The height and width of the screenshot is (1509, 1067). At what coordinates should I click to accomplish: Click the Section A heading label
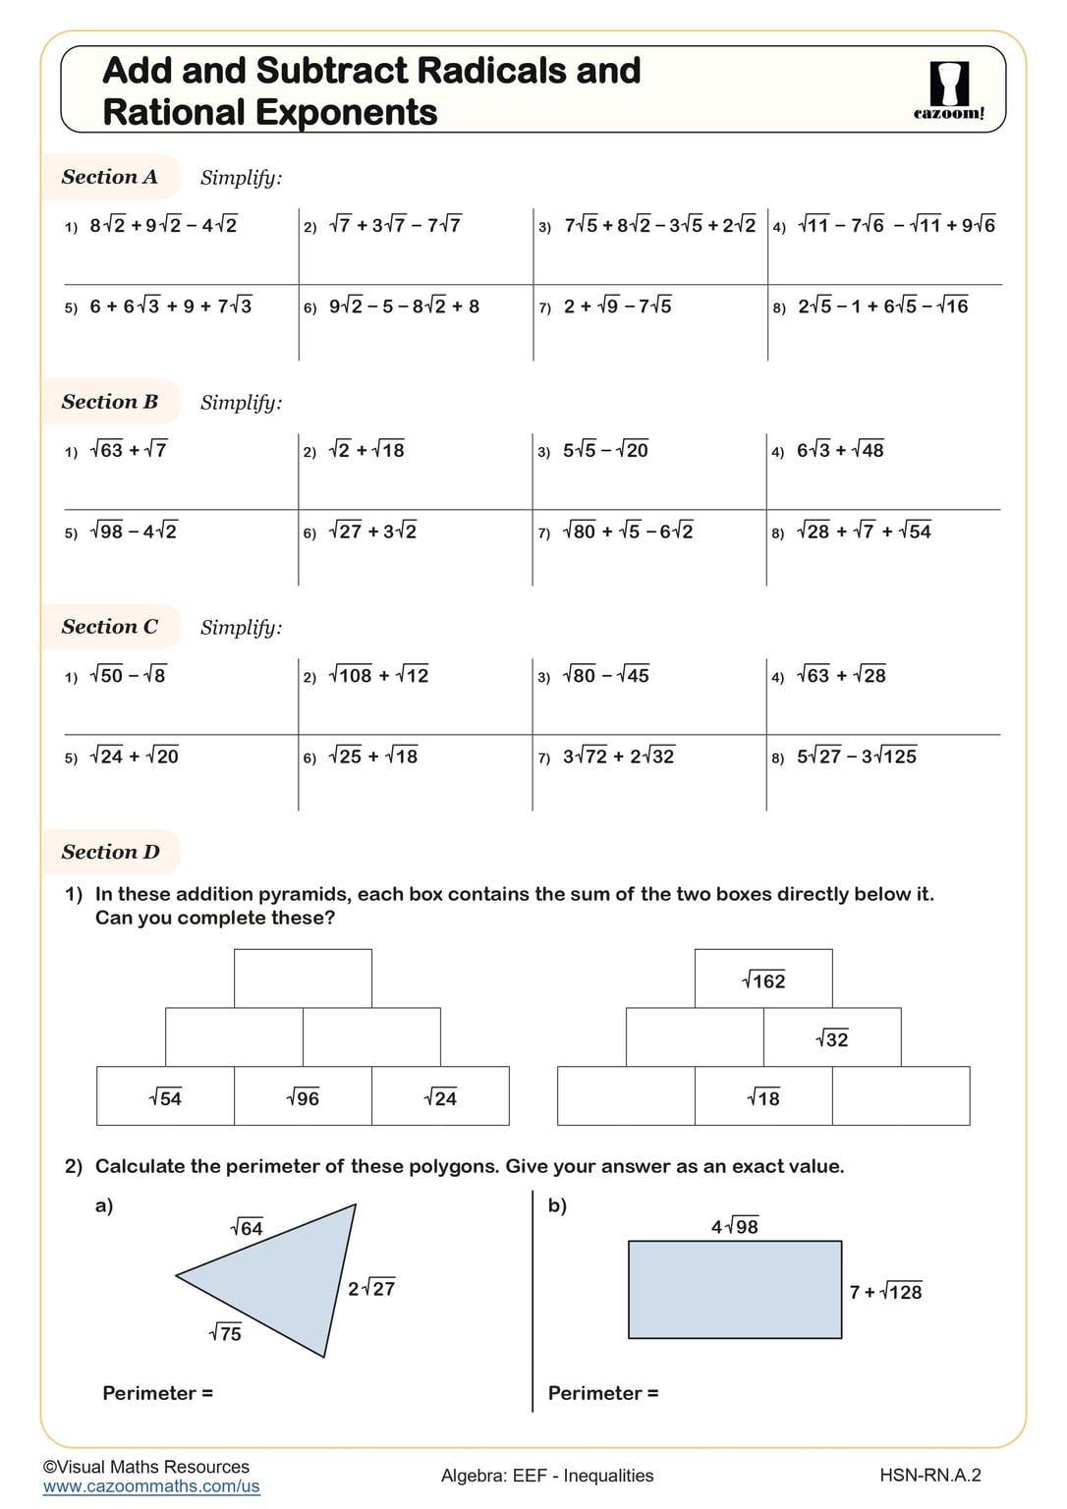(110, 177)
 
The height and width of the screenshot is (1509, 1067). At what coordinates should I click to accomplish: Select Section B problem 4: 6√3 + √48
(840, 450)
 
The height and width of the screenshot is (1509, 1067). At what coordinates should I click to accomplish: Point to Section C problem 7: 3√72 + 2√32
(619, 756)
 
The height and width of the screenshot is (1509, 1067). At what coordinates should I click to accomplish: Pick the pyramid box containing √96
(303, 1096)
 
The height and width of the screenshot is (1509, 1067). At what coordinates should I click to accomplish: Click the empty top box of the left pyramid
(303, 978)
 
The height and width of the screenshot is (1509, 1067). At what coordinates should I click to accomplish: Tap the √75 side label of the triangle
(225, 1333)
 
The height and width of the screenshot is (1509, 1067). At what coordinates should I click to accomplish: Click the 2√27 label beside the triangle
(371, 1288)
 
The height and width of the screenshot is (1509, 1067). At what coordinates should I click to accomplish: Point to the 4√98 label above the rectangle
(735, 1226)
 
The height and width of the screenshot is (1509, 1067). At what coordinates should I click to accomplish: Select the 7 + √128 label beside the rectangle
(885, 1292)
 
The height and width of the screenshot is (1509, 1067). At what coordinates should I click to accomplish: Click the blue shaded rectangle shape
(735, 1289)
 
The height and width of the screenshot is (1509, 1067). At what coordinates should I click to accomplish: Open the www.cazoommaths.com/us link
(151, 1486)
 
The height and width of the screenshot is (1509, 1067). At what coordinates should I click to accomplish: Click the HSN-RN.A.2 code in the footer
(929, 1475)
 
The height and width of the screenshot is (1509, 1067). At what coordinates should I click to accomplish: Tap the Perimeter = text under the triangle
(157, 1393)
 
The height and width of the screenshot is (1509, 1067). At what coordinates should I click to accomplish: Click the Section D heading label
(110, 852)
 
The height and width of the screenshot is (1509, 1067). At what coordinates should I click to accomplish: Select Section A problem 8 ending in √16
(883, 307)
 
